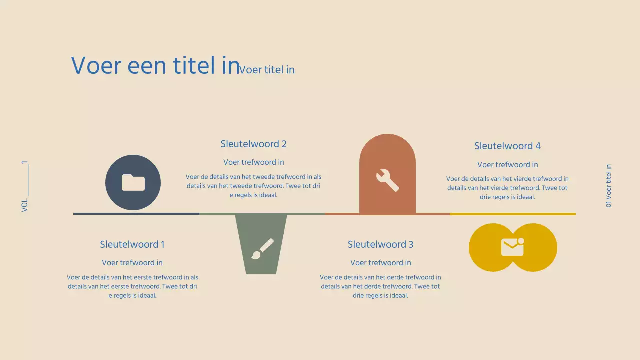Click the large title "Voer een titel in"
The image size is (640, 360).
coord(155,65)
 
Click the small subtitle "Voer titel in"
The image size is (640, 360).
coord(267,70)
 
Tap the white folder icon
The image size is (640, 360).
coord(133,182)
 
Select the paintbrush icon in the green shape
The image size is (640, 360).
coord(262,249)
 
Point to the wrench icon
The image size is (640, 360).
coord(387,180)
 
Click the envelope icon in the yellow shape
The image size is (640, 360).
coord(512,247)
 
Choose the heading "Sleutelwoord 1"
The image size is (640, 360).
coord(132,244)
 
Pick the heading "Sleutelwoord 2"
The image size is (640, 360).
coord(254,144)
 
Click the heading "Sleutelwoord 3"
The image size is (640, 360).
coord(381,244)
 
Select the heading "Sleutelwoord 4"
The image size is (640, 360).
coord(507,146)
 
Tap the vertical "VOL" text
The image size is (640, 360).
coord(25,205)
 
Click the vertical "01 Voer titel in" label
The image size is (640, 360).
coord(608,186)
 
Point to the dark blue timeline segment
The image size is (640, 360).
coord(136,214)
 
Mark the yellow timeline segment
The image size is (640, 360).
coord(513,214)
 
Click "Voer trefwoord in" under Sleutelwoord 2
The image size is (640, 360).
coord(254,162)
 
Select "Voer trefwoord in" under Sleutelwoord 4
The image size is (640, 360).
coord(507,165)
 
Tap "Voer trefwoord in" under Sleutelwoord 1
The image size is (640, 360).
coord(132,263)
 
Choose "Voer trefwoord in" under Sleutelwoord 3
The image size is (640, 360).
coord(381,263)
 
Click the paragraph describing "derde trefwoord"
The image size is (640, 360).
coord(381,286)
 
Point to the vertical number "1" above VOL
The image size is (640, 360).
coord(24,163)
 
